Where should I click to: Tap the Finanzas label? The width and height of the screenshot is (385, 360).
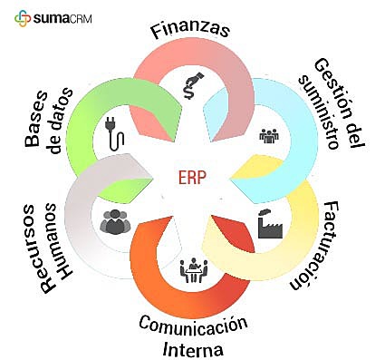coord(190,28)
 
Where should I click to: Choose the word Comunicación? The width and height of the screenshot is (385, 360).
coord(192,326)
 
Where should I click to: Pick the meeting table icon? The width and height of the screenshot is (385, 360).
coord(192,269)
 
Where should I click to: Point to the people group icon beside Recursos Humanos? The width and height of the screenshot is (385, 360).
coord(116,221)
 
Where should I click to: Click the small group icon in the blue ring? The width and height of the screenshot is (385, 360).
coord(269,134)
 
